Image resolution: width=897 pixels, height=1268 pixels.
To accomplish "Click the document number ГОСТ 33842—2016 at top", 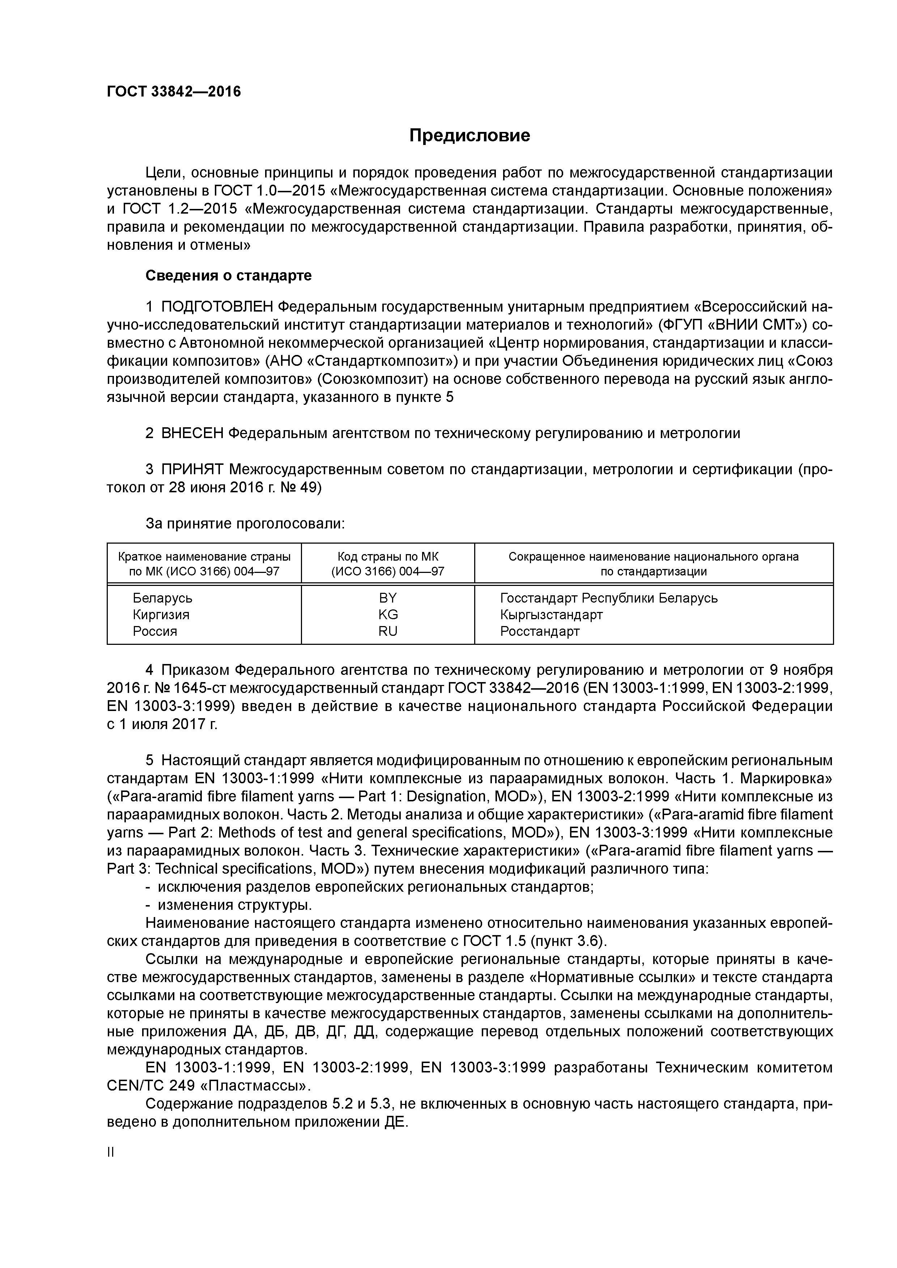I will (x=174, y=92).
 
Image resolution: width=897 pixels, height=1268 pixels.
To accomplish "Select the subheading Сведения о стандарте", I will (x=228, y=275).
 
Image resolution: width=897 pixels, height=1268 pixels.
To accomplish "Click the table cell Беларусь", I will (x=162, y=598).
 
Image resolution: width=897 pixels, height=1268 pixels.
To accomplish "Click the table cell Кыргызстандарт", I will (x=551, y=615).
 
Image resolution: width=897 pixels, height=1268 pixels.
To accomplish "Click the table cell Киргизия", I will (x=161, y=615).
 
